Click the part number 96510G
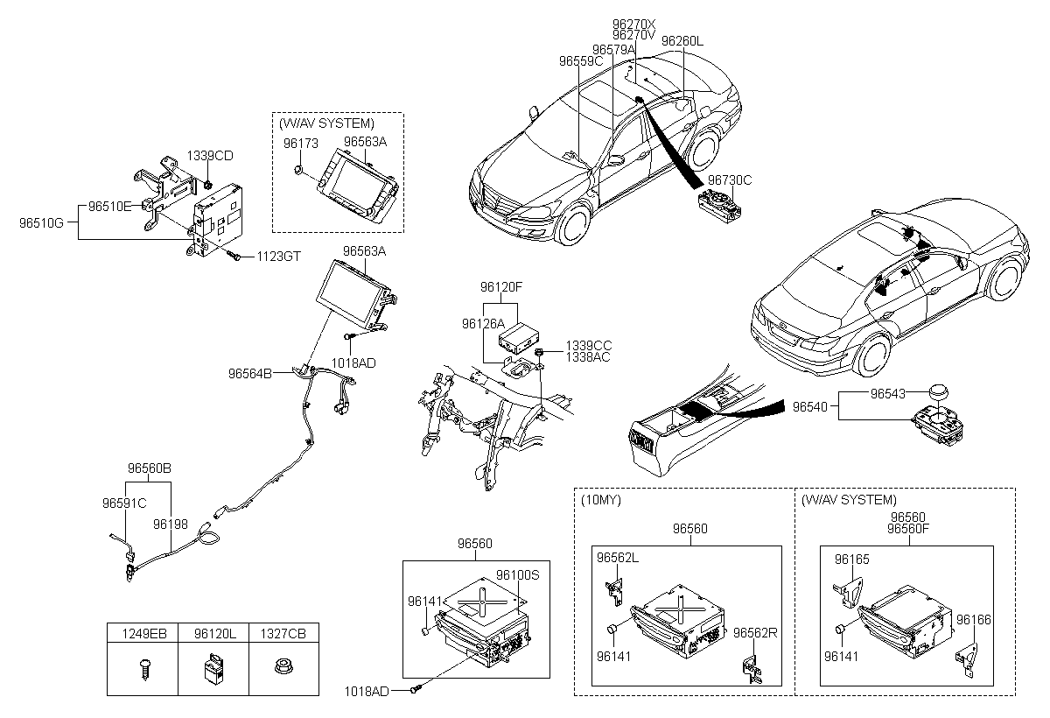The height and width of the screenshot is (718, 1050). (x=41, y=222)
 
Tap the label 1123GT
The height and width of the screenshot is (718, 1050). (x=278, y=257)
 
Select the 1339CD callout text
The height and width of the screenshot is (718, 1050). (x=210, y=156)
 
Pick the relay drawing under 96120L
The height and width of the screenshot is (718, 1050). (x=213, y=669)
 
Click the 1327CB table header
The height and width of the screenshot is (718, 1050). (x=283, y=634)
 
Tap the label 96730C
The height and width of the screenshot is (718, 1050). (x=730, y=180)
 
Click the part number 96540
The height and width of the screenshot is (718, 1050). (x=810, y=407)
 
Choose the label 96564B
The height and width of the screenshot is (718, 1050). (x=250, y=374)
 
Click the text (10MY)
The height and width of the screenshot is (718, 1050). (x=601, y=500)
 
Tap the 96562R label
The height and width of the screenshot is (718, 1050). (x=755, y=633)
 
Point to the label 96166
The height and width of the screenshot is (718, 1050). (x=974, y=620)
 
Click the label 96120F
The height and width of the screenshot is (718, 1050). (x=501, y=287)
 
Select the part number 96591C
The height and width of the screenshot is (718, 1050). (x=124, y=503)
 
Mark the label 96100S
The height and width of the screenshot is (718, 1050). (x=518, y=575)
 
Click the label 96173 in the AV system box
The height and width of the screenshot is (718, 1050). (x=300, y=144)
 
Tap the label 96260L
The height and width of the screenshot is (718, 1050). (x=682, y=41)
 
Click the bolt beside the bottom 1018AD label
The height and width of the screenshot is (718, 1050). (x=416, y=689)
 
